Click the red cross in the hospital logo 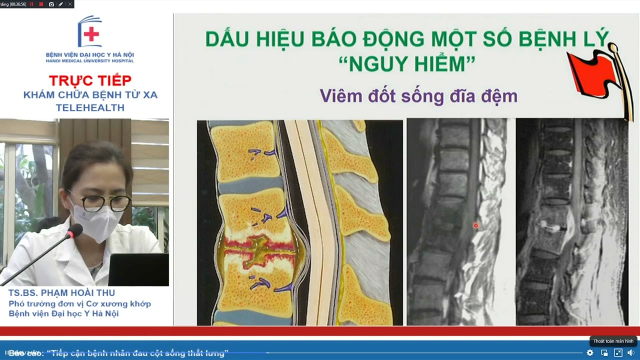[x=91, y=34]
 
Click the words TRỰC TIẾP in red [x=90, y=80]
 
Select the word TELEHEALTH [x=90, y=108]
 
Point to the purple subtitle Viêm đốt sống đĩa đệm [x=418, y=95]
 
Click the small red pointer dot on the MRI [x=475, y=225]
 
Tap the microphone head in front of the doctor [x=75, y=231]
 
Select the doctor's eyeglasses [x=100, y=202]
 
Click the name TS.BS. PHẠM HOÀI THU [x=61, y=293]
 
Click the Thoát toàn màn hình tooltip [x=613, y=341]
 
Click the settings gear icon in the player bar [x=590, y=352]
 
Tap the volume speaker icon [x=630, y=352]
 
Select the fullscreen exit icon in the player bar [x=618, y=352]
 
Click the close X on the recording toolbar [x=69, y=4]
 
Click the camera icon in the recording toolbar [x=51, y=4]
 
